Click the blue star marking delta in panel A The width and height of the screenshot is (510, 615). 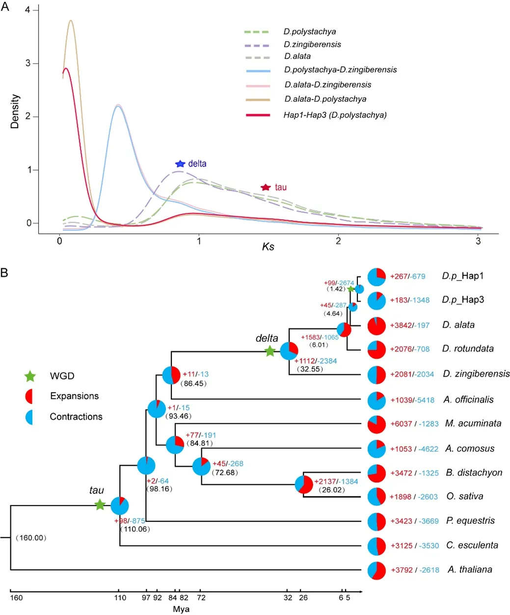click(x=180, y=163)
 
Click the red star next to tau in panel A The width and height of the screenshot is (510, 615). click(x=266, y=187)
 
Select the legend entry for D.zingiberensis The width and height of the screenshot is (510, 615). click(x=312, y=44)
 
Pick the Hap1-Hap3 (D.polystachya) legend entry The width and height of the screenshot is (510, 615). click(x=335, y=115)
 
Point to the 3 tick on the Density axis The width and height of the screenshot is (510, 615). click(x=28, y=63)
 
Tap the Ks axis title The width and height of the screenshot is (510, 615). click(x=268, y=246)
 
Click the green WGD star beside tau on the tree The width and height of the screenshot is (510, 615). click(x=100, y=505)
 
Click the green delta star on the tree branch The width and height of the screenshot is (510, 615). click(x=269, y=351)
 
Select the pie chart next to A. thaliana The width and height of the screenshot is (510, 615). click(x=376, y=570)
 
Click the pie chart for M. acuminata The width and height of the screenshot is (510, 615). click(x=376, y=424)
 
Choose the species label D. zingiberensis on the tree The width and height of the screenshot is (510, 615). click(x=476, y=374)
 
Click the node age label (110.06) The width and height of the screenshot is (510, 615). click(x=135, y=529)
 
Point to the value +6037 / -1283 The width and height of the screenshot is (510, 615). click(x=414, y=424)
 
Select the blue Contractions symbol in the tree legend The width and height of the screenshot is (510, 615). click(x=29, y=417)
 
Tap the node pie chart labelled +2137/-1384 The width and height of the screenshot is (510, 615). click(x=304, y=485)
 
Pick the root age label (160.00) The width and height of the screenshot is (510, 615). click(x=30, y=538)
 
